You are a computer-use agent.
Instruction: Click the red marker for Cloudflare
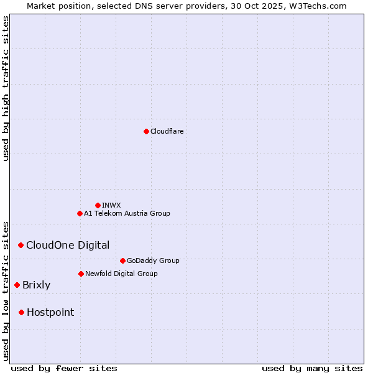(x=146, y=131)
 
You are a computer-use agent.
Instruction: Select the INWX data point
(x=98, y=205)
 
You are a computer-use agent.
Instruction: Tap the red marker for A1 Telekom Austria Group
(x=80, y=213)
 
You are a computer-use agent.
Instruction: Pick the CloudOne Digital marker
(x=21, y=245)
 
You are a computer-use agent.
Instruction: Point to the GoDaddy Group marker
(x=122, y=260)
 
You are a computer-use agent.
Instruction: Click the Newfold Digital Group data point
(x=81, y=274)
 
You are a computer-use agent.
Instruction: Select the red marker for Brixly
(x=17, y=285)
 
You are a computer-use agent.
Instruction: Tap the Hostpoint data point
(x=21, y=312)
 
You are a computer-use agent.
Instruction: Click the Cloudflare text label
(x=167, y=131)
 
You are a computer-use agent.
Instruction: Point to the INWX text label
(x=111, y=205)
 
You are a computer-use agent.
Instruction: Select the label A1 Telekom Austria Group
(x=127, y=213)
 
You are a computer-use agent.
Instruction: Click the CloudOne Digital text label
(x=68, y=245)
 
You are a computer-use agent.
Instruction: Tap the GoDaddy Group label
(x=153, y=260)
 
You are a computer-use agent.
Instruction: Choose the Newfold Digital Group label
(x=121, y=274)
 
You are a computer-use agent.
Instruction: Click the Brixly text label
(x=36, y=285)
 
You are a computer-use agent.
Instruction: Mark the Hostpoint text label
(x=50, y=312)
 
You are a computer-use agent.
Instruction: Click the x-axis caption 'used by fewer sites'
(x=64, y=368)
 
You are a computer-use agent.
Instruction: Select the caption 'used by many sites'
(x=312, y=368)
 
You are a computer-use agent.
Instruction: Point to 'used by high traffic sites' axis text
(x=6, y=88)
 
